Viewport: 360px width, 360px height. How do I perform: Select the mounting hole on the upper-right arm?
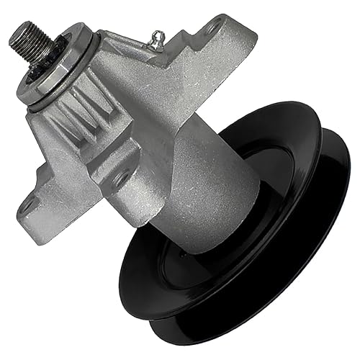212,30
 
